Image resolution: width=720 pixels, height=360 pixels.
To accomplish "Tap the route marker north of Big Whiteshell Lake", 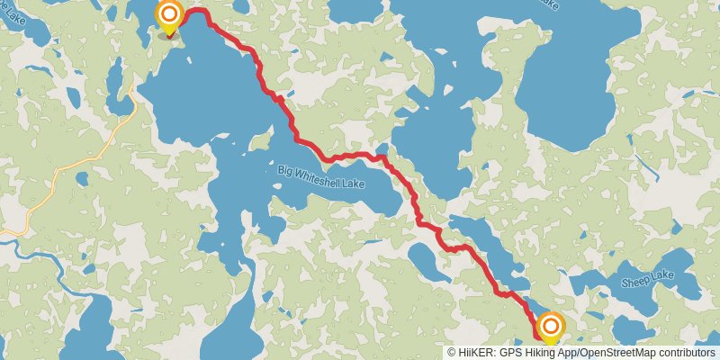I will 169,16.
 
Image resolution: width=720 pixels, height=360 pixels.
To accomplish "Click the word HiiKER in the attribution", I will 476,353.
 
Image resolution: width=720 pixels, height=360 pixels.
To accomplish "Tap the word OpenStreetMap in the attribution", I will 612,353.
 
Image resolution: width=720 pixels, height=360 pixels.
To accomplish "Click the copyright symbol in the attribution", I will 453,353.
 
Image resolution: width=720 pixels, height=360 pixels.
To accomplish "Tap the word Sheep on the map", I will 635,281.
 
